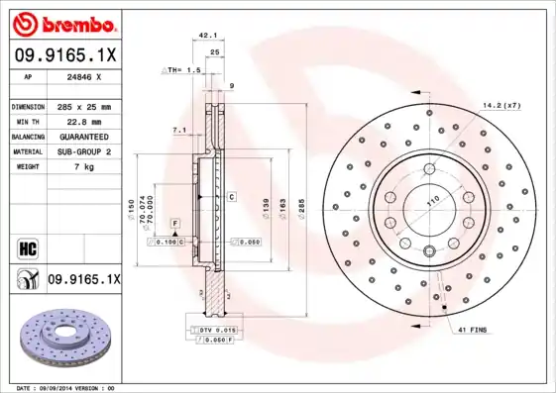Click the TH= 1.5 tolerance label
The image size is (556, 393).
(x=182, y=71)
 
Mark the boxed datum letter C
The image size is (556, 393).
(x=231, y=197)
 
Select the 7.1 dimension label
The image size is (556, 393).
(x=178, y=130)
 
